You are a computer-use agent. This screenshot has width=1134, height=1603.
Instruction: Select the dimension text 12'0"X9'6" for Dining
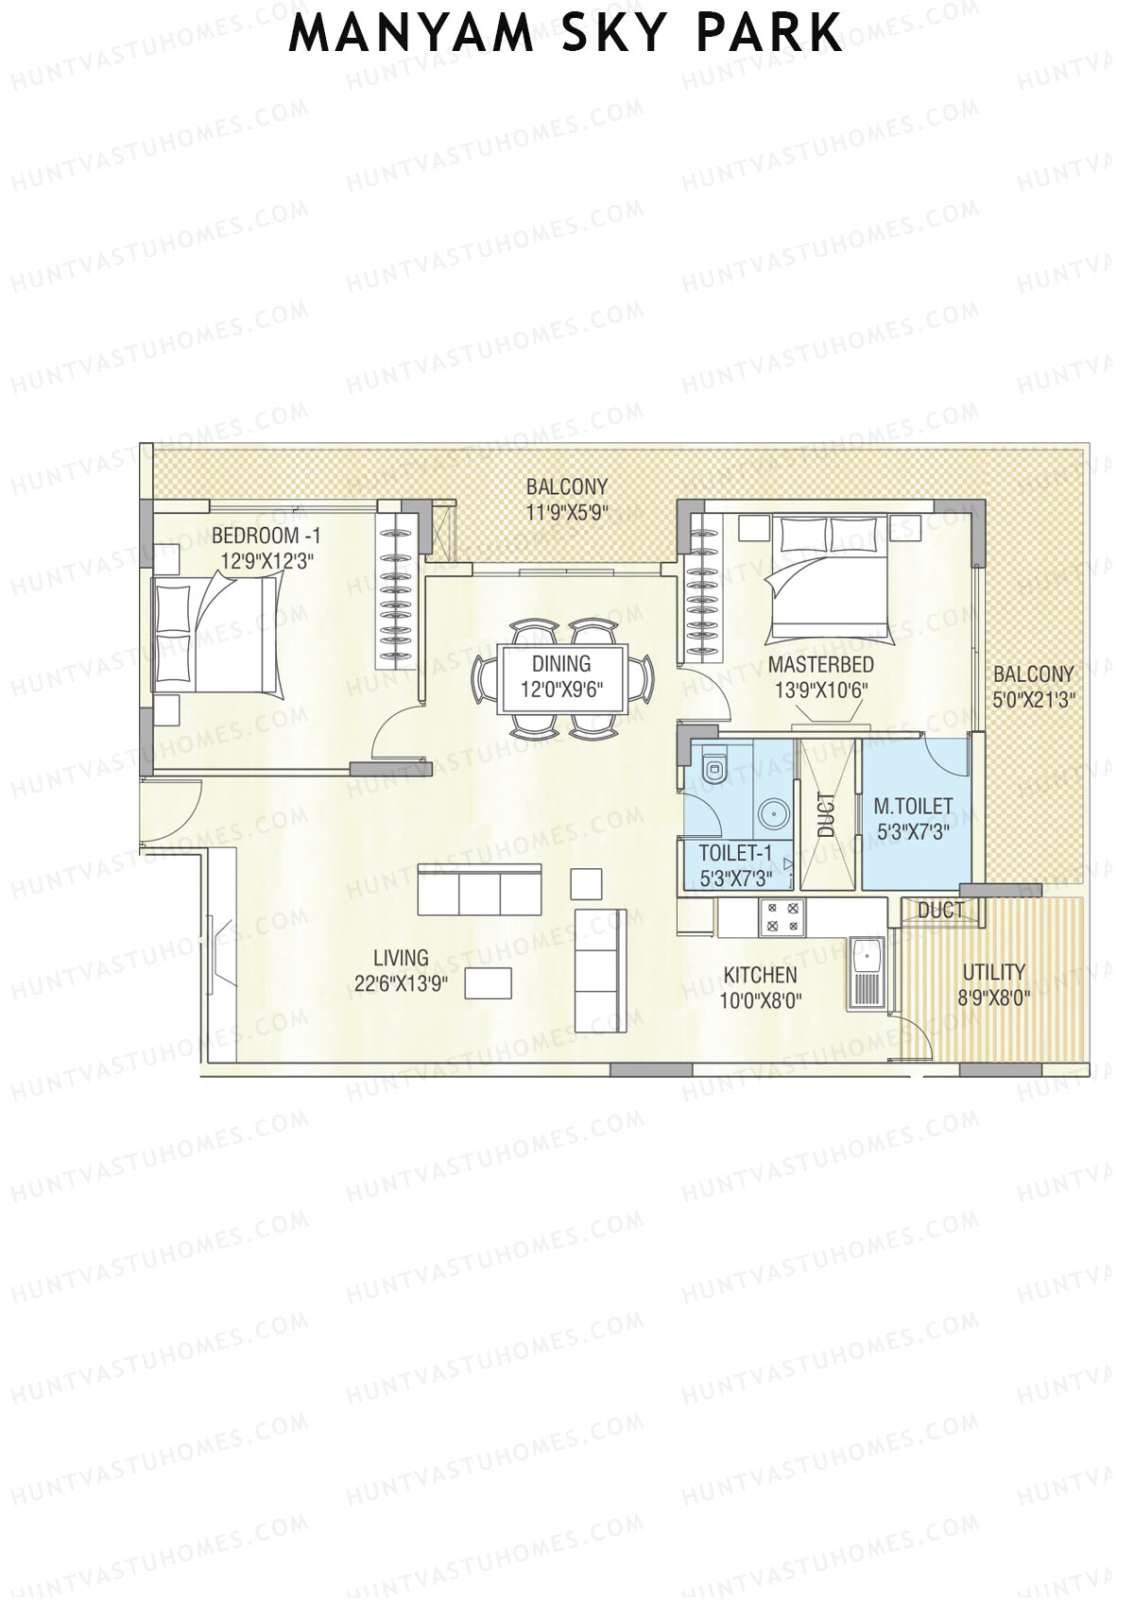pyautogui.click(x=561, y=690)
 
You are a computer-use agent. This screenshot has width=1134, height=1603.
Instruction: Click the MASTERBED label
pyautogui.click(x=820, y=664)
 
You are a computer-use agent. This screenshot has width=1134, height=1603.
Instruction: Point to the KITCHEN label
pyautogui.click(x=760, y=974)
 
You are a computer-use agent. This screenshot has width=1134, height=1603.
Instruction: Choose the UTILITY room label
pyautogui.click(x=993, y=972)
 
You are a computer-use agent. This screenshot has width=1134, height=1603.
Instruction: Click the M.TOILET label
pyautogui.click(x=913, y=807)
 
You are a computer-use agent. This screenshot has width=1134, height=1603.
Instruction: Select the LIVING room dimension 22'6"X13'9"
pyautogui.click(x=401, y=983)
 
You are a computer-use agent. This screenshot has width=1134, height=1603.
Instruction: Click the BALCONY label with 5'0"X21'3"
pyautogui.click(x=1033, y=674)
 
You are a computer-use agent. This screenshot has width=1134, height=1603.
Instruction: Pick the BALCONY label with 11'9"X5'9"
pyautogui.click(x=566, y=487)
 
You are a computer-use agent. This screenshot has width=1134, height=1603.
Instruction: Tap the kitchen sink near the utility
pyautogui.click(x=865, y=973)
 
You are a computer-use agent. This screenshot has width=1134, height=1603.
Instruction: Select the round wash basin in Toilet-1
pyautogui.click(x=774, y=811)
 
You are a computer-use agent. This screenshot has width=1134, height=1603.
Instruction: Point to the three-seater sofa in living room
pyautogui.click(x=479, y=889)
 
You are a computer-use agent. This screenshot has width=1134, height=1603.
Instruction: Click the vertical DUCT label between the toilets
pyautogui.click(x=827, y=815)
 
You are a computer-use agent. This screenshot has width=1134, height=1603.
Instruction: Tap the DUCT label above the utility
pyautogui.click(x=940, y=910)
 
